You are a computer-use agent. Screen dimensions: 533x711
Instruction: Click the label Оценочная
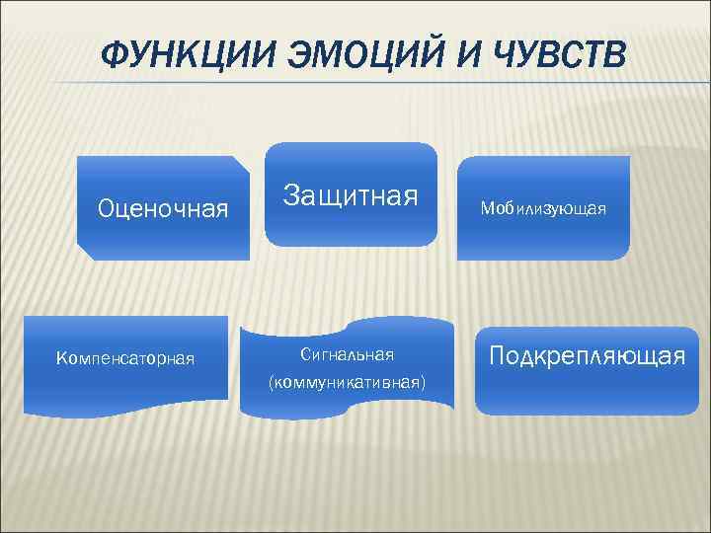pos(162,208)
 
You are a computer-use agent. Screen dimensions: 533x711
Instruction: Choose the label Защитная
pos(351,193)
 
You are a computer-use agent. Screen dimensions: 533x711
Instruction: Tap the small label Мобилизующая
pos(543,208)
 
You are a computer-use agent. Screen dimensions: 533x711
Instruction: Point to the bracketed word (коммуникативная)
pos(347,381)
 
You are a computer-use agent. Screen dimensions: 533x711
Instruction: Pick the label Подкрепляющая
pos(587,354)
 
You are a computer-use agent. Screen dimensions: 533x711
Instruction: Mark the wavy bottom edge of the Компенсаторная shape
pos(123,406)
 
